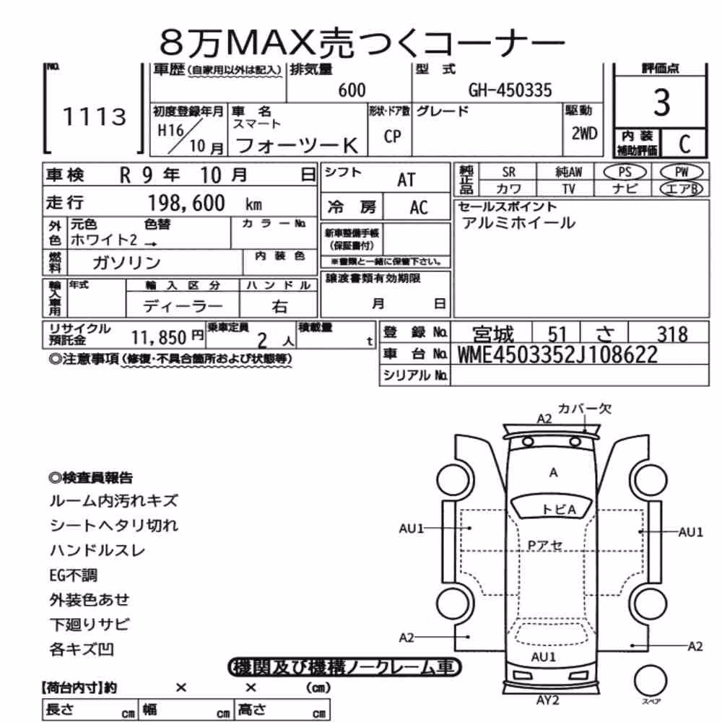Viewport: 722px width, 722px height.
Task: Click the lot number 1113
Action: click(x=95, y=116)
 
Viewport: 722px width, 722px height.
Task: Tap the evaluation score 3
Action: click(x=661, y=103)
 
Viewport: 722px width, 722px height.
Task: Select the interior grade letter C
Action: click(x=684, y=144)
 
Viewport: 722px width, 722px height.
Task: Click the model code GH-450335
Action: click(x=510, y=90)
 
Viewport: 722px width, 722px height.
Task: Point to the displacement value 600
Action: click(x=352, y=90)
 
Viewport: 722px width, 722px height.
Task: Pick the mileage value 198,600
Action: click(x=186, y=203)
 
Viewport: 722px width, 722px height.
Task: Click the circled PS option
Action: click(x=625, y=173)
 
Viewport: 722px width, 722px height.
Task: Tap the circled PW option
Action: click(x=682, y=173)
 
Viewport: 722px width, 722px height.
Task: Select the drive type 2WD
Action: click(x=584, y=134)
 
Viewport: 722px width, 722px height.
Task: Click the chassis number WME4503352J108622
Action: click(x=557, y=355)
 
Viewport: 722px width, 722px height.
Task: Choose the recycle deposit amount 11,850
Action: click(x=158, y=337)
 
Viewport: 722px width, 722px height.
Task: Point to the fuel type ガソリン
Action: click(x=126, y=263)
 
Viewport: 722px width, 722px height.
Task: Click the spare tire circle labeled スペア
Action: click(x=651, y=681)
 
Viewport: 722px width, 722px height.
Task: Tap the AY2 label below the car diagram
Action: click(x=547, y=700)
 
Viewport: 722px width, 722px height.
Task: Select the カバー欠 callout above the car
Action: click(x=584, y=409)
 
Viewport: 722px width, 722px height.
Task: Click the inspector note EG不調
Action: click(x=73, y=575)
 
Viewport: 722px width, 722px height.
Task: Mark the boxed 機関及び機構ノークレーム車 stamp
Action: click(x=344, y=667)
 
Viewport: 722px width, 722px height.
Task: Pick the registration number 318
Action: click(x=672, y=334)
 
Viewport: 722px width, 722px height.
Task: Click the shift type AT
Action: click(x=406, y=180)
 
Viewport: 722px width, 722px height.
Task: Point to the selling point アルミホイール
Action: click(x=519, y=223)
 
